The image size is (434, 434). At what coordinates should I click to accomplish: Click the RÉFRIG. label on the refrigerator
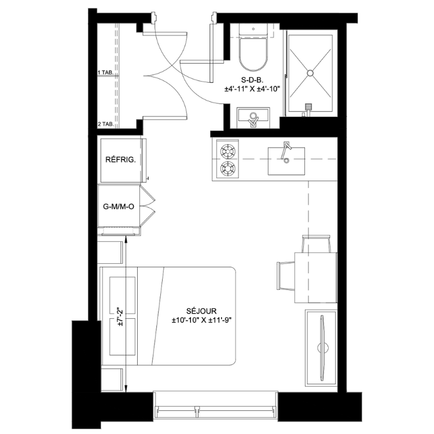click(x=121, y=160)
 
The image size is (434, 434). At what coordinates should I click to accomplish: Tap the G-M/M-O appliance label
click(x=119, y=207)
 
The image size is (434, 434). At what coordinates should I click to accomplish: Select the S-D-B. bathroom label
click(x=252, y=80)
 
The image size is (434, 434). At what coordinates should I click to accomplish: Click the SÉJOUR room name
click(x=201, y=311)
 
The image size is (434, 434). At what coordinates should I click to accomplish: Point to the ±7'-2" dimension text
click(x=120, y=317)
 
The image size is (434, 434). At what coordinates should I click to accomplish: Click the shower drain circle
click(x=310, y=73)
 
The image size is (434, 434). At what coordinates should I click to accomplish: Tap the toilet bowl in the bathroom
click(x=253, y=54)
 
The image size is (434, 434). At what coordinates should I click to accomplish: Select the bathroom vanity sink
click(x=253, y=118)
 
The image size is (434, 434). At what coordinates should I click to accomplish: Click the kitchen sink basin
click(x=286, y=161)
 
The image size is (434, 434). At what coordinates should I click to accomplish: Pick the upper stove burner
click(x=227, y=151)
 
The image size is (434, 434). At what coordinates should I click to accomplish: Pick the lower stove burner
click(x=227, y=168)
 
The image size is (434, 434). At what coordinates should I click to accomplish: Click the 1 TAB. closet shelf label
click(x=105, y=72)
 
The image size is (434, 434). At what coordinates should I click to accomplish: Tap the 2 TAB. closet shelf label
click(x=106, y=124)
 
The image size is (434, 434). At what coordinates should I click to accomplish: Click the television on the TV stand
click(x=322, y=348)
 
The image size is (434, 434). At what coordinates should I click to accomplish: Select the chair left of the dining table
click(x=286, y=276)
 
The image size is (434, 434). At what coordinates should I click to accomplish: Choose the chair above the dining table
click(x=317, y=244)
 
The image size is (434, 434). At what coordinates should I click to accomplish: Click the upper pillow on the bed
click(x=123, y=295)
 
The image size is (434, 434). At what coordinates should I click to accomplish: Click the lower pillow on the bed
click(x=123, y=337)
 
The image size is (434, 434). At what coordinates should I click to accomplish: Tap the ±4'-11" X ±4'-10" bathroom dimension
click(x=252, y=89)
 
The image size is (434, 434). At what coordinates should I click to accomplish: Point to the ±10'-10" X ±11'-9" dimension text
click(x=201, y=321)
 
